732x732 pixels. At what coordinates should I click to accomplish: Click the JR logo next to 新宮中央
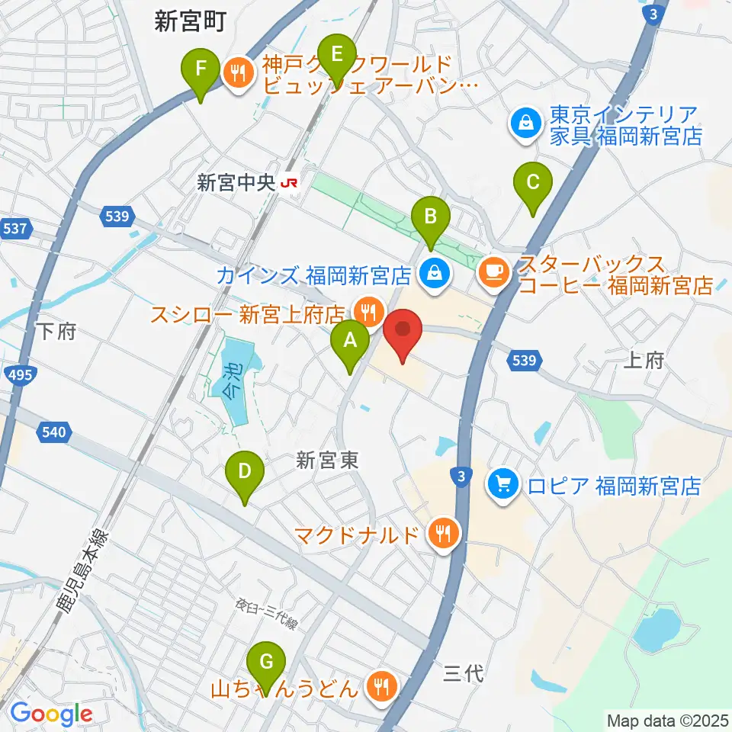288,183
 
